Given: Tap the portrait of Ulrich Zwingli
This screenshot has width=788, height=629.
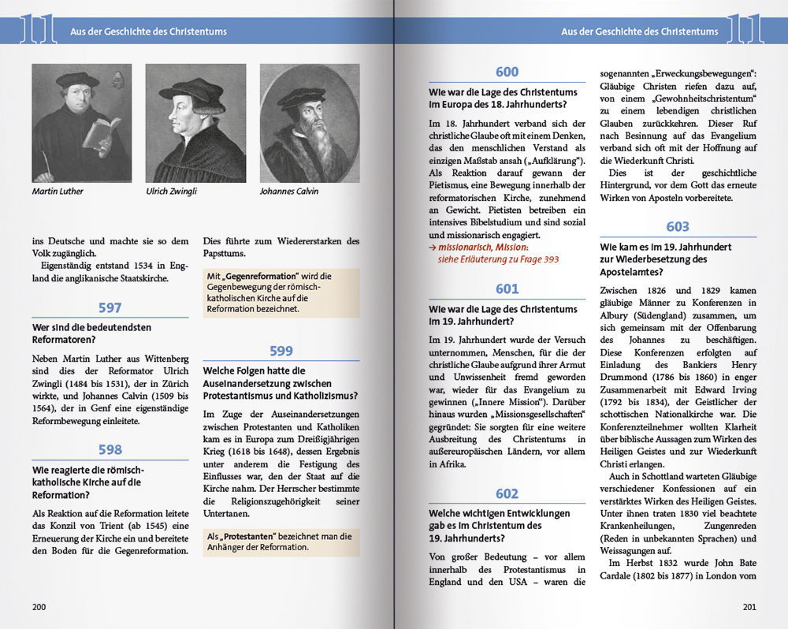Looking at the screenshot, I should (195, 123).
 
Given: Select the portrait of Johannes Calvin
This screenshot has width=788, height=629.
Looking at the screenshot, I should (310, 123).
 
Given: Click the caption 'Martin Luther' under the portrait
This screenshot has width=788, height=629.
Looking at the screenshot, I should (58, 192).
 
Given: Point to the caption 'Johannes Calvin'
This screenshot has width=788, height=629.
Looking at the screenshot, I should (289, 192).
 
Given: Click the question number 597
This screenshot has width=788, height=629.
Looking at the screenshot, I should (110, 308).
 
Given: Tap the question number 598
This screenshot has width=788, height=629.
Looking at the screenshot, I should (110, 450).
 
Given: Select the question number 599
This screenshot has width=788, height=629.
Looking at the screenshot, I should (281, 352).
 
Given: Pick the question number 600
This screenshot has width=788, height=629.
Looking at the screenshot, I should (507, 73).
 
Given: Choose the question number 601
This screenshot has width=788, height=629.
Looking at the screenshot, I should (507, 289).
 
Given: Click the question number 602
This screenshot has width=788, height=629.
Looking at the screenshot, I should (507, 494).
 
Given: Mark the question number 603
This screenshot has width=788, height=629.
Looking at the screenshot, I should (678, 227).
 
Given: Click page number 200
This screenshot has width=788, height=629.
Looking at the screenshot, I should (39, 607).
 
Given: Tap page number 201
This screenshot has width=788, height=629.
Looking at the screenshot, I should (749, 607).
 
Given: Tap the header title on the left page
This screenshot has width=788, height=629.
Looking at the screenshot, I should (149, 32).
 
